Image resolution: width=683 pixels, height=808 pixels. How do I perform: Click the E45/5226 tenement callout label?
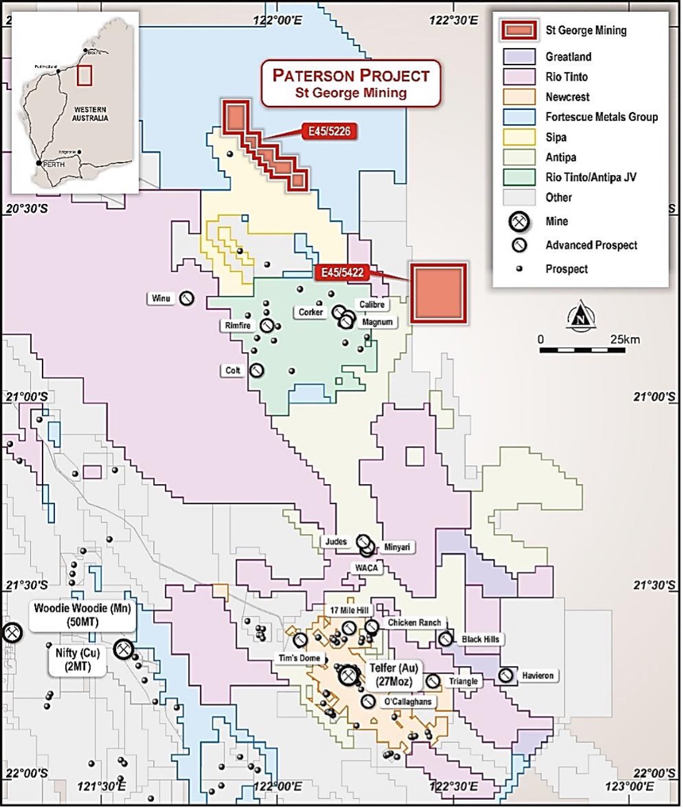pyautogui.click(x=329, y=131)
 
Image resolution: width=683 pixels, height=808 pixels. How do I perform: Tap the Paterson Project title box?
pyautogui.click(x=351, y=83)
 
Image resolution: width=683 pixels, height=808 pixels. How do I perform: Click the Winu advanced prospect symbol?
pyautogui.click(x=186, y=299)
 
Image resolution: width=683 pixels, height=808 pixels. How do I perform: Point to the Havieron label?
pyautogui.click(x=537, y=675)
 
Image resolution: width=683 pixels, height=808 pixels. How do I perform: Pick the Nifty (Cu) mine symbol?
pyautogui.click(x=123, y=650)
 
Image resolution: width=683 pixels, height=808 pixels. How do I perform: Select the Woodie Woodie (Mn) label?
pyautogui.click(x=84, y=614)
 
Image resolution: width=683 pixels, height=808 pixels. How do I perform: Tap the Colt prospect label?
pyautogui.click(x=232, y=370)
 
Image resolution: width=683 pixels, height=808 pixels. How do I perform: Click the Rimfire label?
pyautogui.click(x=237, y=325)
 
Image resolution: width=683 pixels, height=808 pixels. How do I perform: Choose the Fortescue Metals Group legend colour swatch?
pyautogui.click(x=519, y=117)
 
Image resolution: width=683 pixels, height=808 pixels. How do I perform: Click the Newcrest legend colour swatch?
pyautogui.click(x=519, y=97)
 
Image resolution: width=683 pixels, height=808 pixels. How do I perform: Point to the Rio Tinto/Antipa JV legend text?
pyautogui.click(x=591, y=177)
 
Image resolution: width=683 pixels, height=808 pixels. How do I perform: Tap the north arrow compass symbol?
pyautogui.click(x=583, y=315)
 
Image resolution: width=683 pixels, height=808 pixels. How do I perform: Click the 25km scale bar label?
pyautogui.click(x=625, y=340)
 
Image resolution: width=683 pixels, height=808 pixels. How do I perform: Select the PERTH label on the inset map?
pyautogui.click(x=54, y=164)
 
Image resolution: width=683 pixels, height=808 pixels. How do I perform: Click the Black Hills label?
pyautogui.click(x=480, y=639)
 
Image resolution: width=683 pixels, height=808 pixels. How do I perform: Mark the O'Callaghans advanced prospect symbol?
pyautogui.click(x=368, y=702)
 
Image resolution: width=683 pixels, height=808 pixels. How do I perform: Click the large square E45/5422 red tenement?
pyautogui.click(x=439, y=293)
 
